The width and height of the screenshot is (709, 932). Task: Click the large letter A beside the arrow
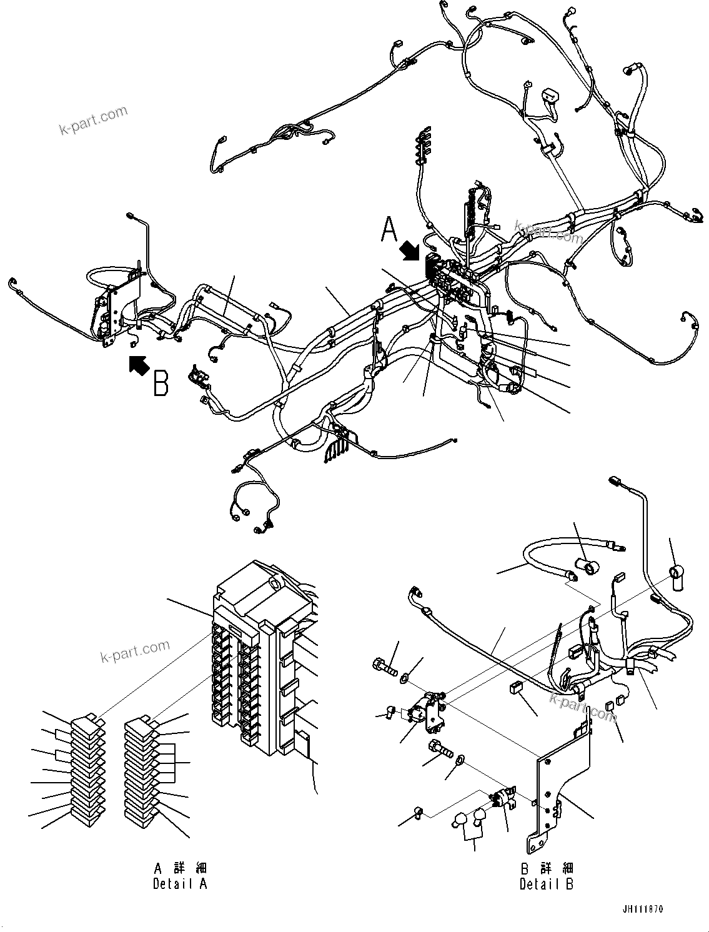coord(389,229)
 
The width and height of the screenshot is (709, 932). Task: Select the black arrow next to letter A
coord(410,251)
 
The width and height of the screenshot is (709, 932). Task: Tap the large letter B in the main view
coord(161,384)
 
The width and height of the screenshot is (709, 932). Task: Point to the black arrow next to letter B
coord(137,364)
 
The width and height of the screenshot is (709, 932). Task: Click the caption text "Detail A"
coord(180,884)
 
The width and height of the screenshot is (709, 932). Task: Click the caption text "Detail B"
coord(546,884)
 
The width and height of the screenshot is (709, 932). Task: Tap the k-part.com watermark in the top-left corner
coord(93,121)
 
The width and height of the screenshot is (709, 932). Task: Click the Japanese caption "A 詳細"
coord(180,868)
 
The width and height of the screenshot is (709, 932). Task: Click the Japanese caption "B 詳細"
coord(546,868)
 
